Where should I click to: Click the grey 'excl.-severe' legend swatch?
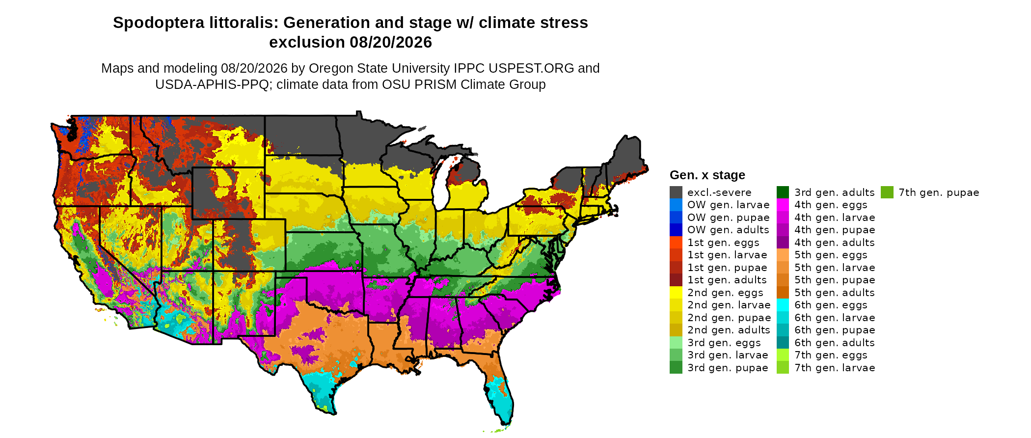[676, 192]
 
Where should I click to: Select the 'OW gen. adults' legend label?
[728, 230]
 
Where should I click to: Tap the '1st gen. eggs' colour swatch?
[676, 243]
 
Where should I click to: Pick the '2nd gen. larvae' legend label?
[729, 305]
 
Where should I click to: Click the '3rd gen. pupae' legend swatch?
[676, 368]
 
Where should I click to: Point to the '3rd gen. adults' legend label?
[835, 192]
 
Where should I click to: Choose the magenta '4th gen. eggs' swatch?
[783, 205]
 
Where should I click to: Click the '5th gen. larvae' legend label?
[835, 268]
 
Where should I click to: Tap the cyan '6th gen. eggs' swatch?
[783, 305]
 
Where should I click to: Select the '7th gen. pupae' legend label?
[939, 192]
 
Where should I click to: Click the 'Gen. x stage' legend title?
[707, 175]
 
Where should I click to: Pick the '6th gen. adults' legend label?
[835, 343]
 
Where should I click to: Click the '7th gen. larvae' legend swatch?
[783, 368]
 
